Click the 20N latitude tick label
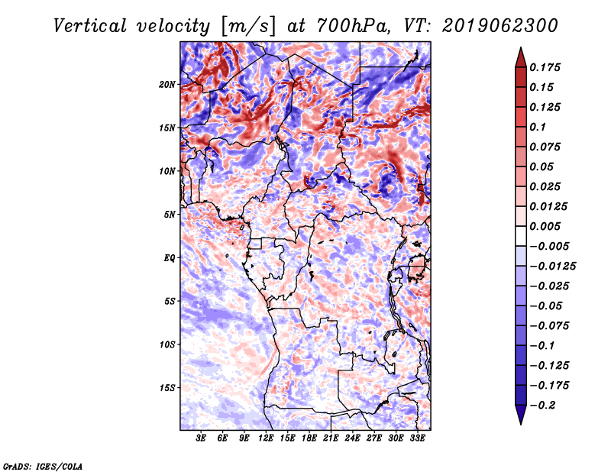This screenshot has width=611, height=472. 167,84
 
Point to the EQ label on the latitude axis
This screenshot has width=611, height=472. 170,257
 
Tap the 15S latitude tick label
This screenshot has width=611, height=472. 167,387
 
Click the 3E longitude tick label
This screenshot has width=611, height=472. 202,438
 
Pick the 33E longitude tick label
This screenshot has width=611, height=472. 417,438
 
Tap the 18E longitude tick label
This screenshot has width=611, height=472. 309,438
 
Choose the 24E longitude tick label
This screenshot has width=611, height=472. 352,438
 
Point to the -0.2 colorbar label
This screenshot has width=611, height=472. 544,405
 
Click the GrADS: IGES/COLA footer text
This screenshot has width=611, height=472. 42,465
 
